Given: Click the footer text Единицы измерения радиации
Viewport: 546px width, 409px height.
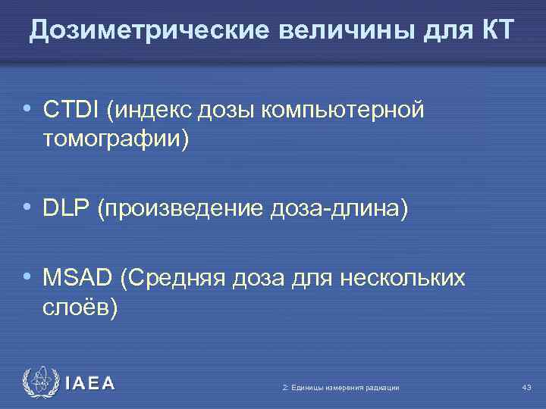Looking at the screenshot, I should (340, 388).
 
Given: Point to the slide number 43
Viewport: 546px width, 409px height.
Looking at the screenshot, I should (526, 388).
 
